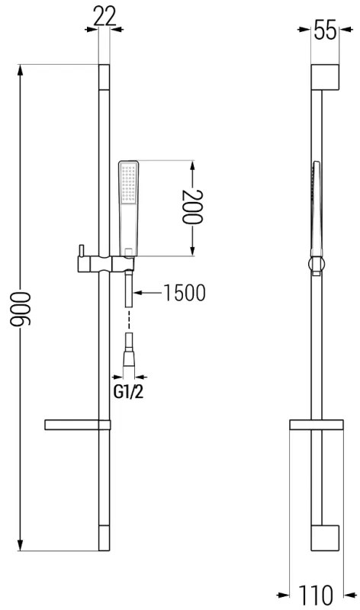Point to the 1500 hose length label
[x=185, y=293]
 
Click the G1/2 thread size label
[x=128, y=393]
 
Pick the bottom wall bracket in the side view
[x=324, y=538]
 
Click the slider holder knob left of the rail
[x=79, y=252]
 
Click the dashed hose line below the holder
[x=128, y=317]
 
